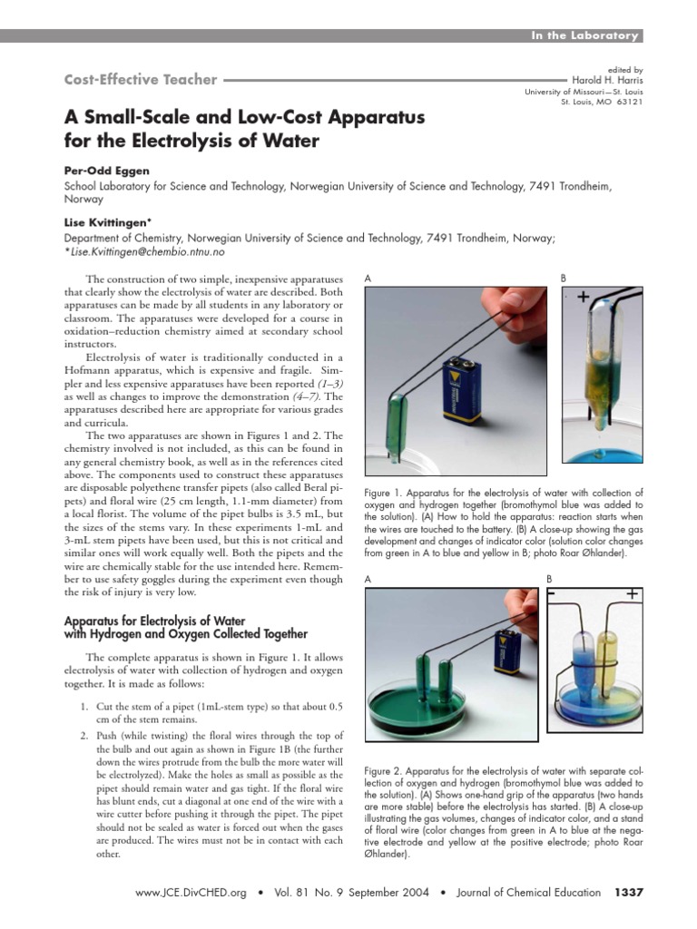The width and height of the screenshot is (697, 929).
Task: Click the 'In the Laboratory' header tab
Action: pos(585,35)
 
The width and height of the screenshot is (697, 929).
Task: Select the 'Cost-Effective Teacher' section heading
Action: pos(141,80)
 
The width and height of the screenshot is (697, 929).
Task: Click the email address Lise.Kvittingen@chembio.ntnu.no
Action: pos(146,251)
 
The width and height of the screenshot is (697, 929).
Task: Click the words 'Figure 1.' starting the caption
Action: pos(385,493)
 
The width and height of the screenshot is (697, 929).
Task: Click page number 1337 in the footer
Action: pos(629,893)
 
